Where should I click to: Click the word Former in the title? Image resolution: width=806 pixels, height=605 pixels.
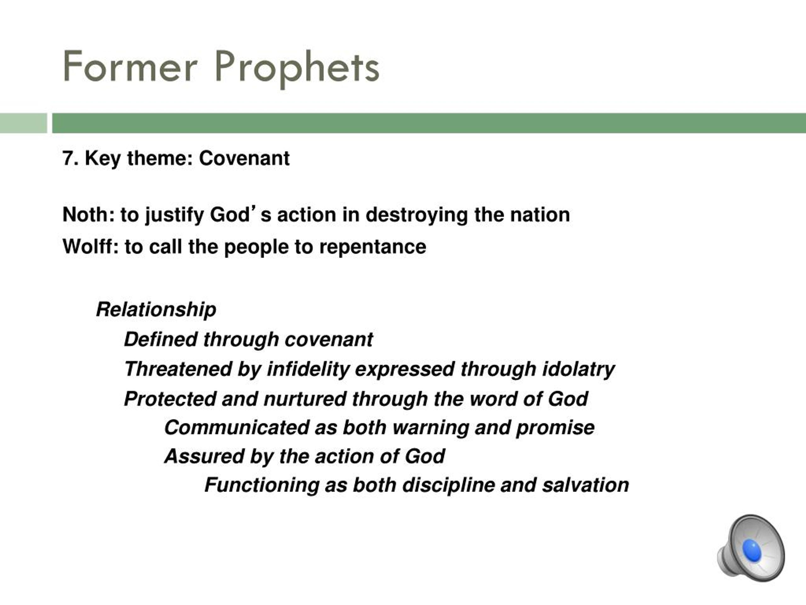point(130,66)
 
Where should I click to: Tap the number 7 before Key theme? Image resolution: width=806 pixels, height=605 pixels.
point(67,158)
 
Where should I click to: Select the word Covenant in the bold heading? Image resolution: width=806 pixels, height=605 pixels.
point(244,158)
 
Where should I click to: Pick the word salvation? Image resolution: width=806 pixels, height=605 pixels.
point(586,485)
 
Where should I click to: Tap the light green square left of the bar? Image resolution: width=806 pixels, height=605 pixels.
point(24,123)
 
